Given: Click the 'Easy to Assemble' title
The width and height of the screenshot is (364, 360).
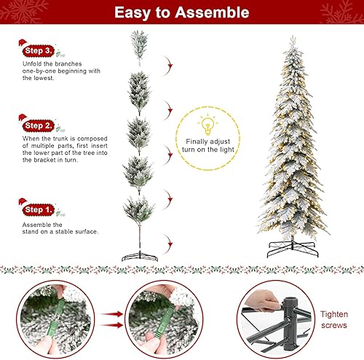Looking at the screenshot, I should (x=182, y=12).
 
